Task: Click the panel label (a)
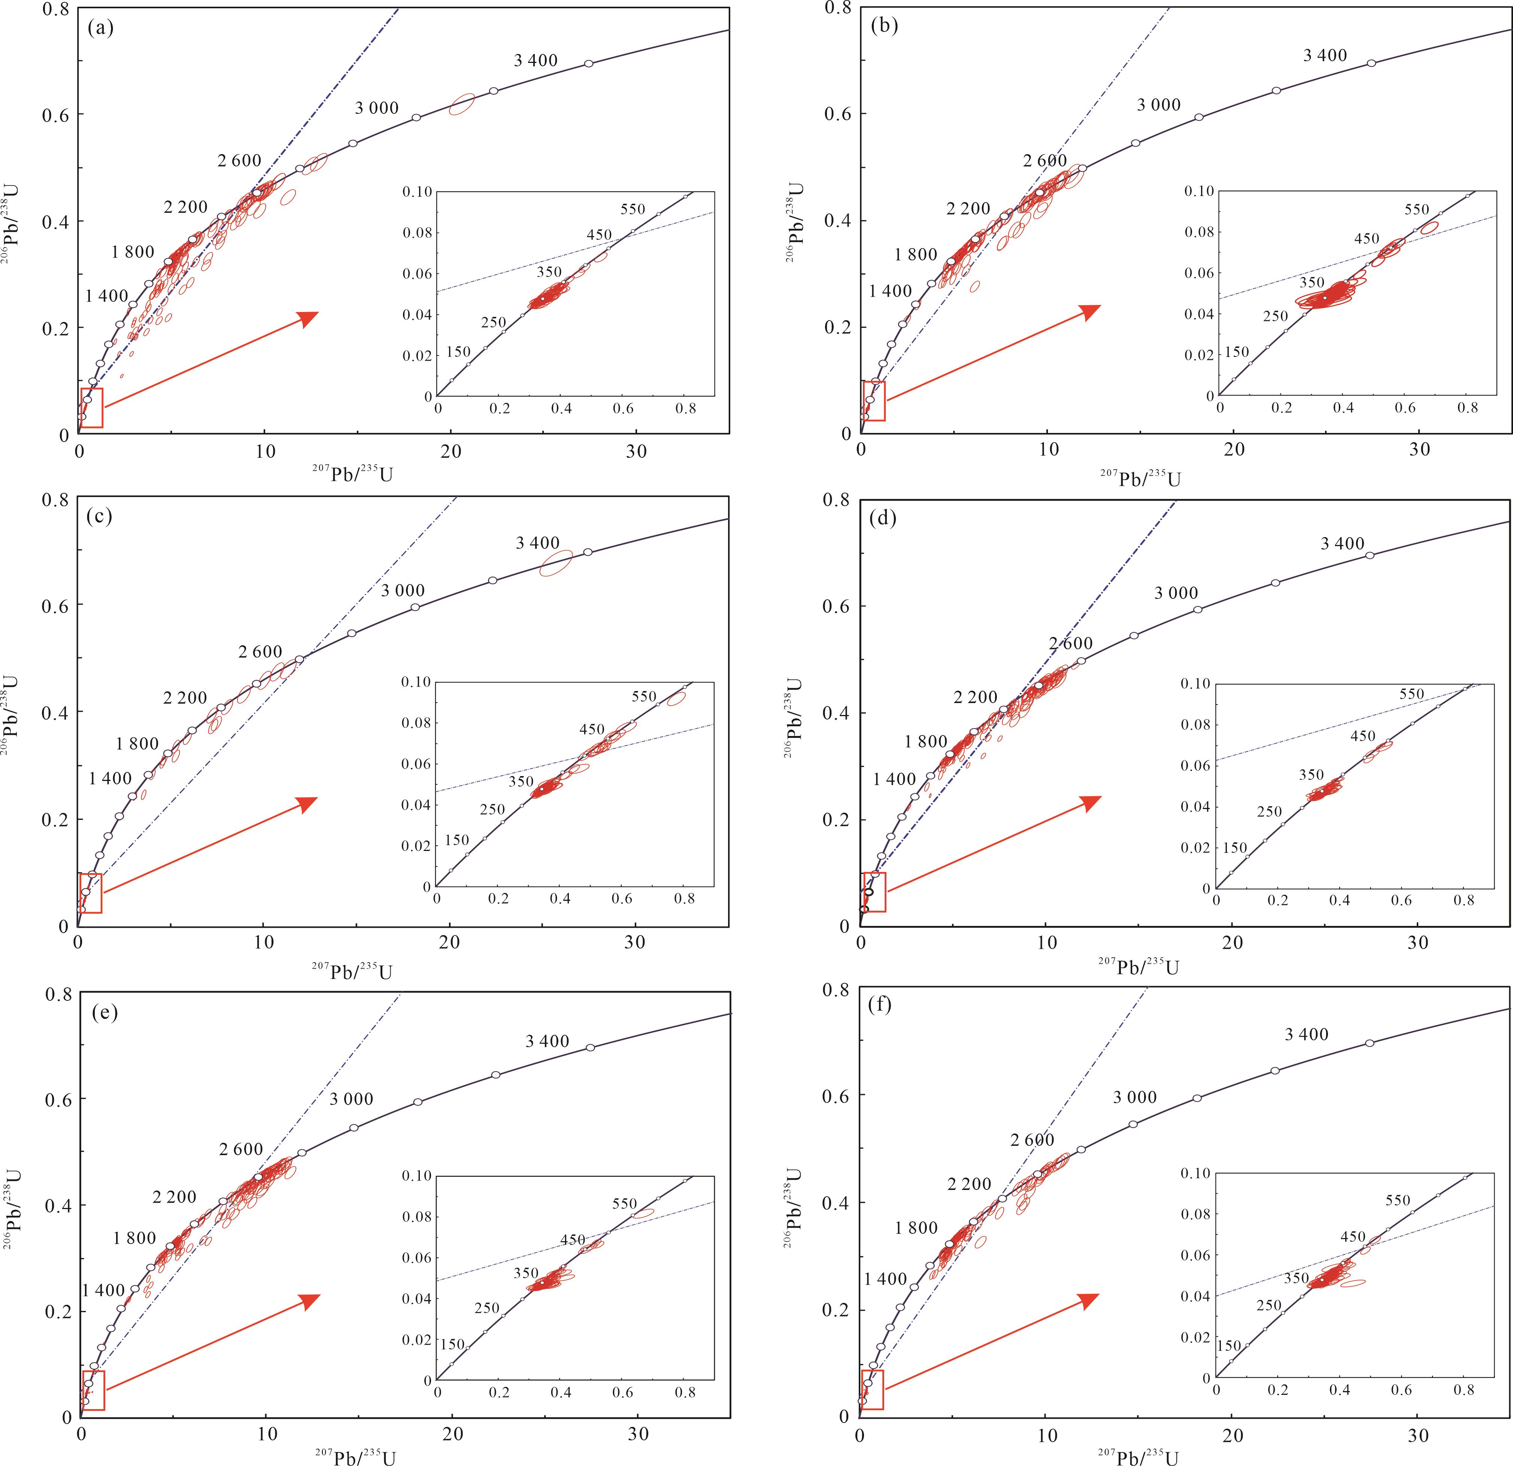tap(101, 29)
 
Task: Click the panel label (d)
tap(882, 519)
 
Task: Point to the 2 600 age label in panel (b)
tap(1045, 161)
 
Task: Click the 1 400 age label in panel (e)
tap(103, 1290)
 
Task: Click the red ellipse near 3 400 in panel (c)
tap(556, 563)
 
